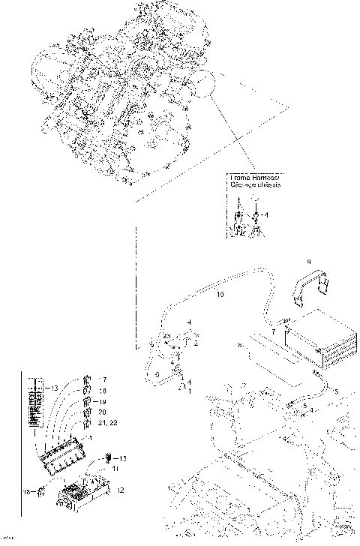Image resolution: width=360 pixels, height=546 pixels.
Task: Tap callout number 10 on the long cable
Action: [x=220, y=295]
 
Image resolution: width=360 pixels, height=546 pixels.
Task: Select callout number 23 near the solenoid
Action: [x=167, y=335]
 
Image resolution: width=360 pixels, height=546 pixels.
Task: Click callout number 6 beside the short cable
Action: [x=157, y=372]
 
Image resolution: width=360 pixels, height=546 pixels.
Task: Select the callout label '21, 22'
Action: [x=106, y=424]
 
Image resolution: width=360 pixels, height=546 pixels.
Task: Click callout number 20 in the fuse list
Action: [x=102, y=412]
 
